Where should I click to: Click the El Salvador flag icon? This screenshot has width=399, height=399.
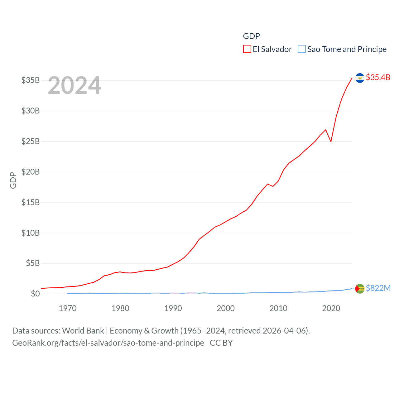(360, 78)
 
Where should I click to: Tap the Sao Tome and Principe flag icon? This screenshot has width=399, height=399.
(360, 289)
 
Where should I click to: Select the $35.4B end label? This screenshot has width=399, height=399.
(378, 77)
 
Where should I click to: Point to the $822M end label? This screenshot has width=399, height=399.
(378, 288)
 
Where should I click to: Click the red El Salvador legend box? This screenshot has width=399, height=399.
(247, 49)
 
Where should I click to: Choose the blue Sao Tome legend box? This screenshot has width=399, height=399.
(302, 49)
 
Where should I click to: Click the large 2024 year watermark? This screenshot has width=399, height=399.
(75, 85)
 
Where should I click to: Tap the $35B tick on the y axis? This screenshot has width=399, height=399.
(31, 80)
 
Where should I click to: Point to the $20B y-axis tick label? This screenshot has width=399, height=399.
(31, 172)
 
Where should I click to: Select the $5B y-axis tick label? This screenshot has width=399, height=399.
(33, 263)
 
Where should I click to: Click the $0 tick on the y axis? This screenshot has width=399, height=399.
(35, 294)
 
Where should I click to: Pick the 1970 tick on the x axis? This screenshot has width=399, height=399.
(68, 309)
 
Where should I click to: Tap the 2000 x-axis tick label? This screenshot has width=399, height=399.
(226, 309)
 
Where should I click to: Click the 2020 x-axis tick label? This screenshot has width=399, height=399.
(331, 309)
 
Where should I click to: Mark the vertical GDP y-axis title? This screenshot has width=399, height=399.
(13, 180)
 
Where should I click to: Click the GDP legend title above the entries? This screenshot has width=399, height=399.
(251, 36)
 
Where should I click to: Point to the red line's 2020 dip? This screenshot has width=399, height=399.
(331, 141)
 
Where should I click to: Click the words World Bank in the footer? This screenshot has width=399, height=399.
(83, 331)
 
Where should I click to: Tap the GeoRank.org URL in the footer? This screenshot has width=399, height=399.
(108, 343)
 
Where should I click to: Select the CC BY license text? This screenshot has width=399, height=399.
(221, 343)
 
